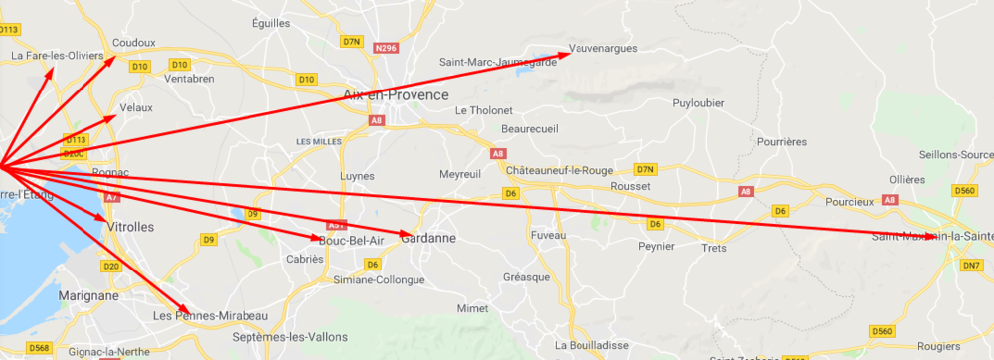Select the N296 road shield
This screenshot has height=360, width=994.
point(386,47)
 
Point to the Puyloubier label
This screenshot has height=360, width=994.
point(698,103)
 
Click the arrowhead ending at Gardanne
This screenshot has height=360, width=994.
point(407,236)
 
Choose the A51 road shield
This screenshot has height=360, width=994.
point(336,225)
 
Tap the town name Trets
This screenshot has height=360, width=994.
point(714,248)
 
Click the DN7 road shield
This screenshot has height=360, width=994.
point(971,265)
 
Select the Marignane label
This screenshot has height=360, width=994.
point(86,295)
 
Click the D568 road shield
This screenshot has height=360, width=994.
point(39,347)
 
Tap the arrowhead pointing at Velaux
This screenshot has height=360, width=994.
point(114,117)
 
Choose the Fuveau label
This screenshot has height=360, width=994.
point(547,235)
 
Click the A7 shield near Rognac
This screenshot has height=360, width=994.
point(111,198)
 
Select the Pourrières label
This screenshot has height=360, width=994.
point(781,142)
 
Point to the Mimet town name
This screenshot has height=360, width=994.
point(472,309)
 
